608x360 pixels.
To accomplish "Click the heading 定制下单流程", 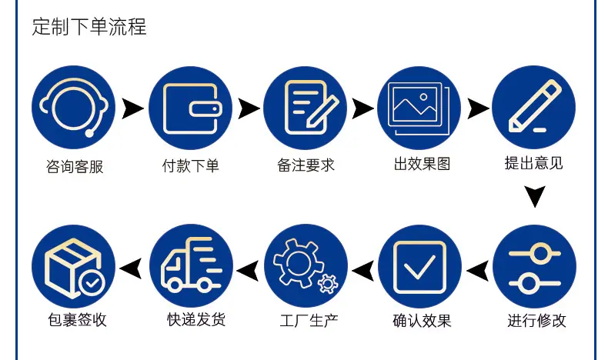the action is pos(89,27).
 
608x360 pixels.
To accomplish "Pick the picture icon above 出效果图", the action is pos(419,108).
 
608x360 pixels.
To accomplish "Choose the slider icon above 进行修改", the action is pos(534,267).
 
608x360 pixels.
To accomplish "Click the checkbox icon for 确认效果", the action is pos(420,267).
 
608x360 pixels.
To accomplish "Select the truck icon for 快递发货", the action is pos(191,266).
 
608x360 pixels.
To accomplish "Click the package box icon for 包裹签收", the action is pos(73,267).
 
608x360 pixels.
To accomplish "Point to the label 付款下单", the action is pos(190,166).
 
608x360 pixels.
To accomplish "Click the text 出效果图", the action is pos(423,164).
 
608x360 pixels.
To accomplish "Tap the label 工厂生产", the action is pos(309,321).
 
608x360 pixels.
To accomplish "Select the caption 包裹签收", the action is pos(77,320).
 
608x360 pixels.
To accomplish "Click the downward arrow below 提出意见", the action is pos(535,195).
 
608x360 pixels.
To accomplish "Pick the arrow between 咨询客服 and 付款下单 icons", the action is pos(132,108).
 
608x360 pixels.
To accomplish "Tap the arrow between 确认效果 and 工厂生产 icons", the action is pos(363,271).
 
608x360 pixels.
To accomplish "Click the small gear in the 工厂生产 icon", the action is pos(328,284).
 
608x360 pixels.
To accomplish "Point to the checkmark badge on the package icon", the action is pos(92,282).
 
